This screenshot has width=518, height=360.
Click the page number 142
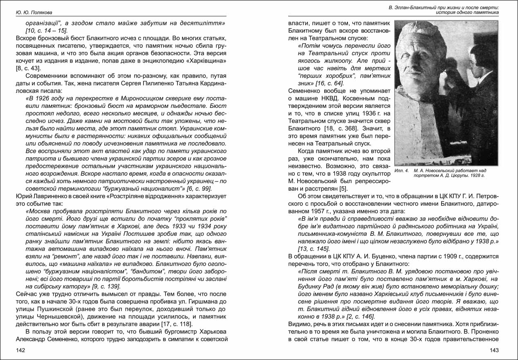tap(21, 350)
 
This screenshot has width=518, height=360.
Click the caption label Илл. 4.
tap(402, 170)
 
